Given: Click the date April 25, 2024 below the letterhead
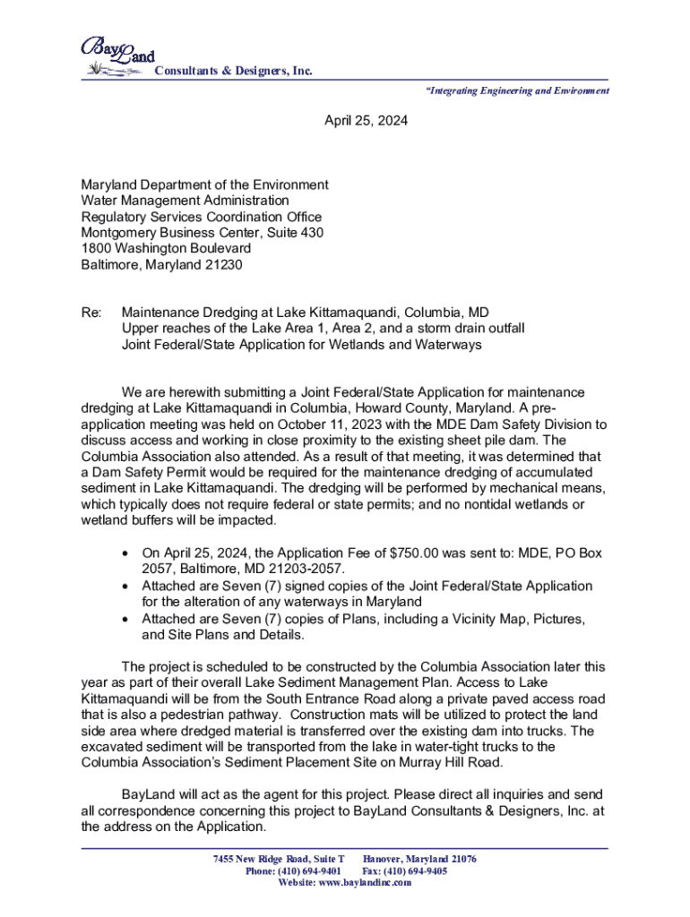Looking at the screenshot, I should click(366, 143).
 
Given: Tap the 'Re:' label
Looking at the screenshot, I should click(91, 313).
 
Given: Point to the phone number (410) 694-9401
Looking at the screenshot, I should click(306, 870).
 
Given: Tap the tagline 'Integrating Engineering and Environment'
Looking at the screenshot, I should click(513, 90).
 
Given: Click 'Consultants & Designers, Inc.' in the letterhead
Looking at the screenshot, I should click(234, 72).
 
